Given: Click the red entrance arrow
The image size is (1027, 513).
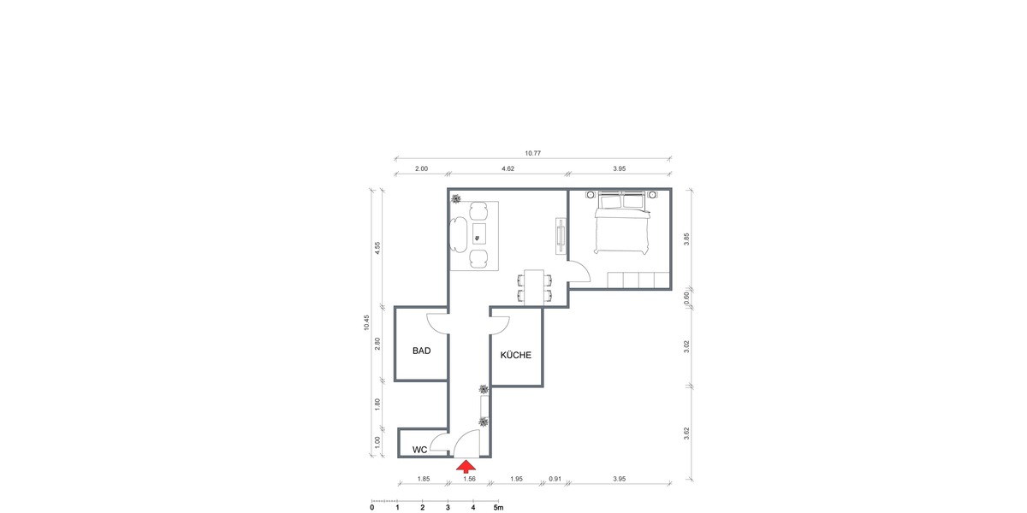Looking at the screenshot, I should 465,466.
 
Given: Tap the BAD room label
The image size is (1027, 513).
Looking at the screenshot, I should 421,351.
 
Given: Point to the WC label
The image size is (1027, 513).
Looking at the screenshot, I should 420,450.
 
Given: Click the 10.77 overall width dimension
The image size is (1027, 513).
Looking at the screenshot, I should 532,153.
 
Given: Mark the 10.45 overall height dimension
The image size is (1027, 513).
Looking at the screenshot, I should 366,323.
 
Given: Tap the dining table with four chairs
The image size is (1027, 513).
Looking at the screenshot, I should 535,286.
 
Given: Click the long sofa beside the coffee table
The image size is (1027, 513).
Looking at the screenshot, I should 458,233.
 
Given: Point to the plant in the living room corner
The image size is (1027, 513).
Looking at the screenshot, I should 456,199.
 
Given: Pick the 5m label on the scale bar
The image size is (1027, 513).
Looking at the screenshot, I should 498,507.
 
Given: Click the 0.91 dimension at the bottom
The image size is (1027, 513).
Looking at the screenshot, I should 555,479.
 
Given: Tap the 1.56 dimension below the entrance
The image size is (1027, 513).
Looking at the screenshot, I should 469,479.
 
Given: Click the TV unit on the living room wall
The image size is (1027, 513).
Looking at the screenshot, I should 561,236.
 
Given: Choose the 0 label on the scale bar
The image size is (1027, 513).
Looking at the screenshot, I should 371,507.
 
